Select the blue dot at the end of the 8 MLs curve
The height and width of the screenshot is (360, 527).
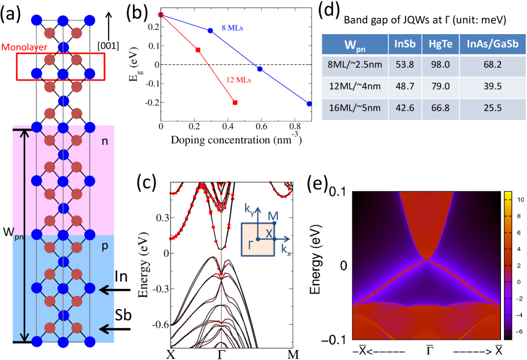tap(310, 104)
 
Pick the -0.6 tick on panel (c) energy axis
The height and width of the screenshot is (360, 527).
tap(158, 325)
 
